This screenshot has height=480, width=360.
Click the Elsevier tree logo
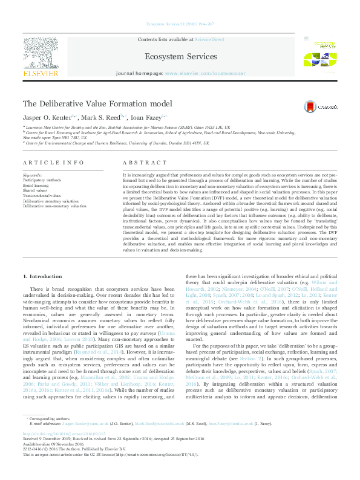pyautogui.click(x=41, y=56)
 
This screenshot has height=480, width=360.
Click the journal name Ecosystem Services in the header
pyautogui.click(x=180, y=57)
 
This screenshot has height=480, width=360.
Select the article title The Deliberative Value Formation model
pyautogui.click(x=97, y=104)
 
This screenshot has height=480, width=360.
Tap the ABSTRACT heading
pyautogui.click(x=144, y=163)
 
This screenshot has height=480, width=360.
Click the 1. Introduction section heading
pyautogui.click(x=42, y=276)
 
